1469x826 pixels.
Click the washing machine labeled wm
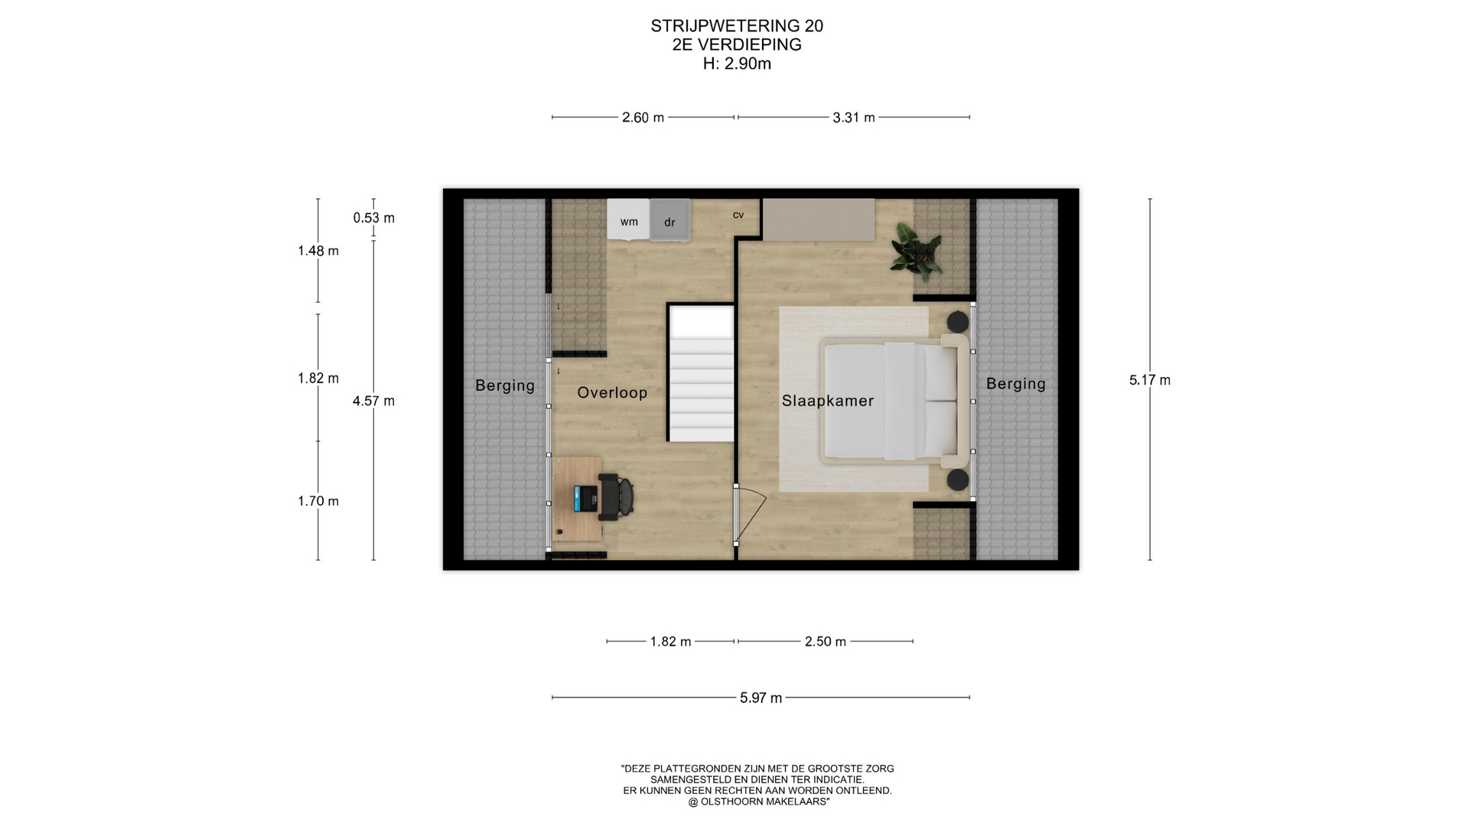(628, 220)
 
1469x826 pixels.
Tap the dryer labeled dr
(670, 220)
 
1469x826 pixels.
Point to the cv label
(738, 215)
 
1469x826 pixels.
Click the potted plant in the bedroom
(916, 248)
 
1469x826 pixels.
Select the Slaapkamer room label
(828, 401)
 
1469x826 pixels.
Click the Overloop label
(612, 392)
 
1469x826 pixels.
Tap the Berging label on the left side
(505, 385)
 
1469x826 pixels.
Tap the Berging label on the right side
(1016, 384)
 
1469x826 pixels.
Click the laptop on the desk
(586, 499)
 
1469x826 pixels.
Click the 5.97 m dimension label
(761, 698)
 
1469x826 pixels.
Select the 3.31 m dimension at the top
(854, 118)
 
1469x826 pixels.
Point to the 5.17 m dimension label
(1150, 380)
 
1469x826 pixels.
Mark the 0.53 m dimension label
(374, 218)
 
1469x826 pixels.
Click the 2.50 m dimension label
(826, 642)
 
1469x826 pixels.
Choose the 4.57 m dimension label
(373, 401)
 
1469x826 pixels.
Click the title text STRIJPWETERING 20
(737, 26)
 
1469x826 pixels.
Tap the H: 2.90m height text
(737, 64)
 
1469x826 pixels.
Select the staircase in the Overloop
(701, 372)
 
